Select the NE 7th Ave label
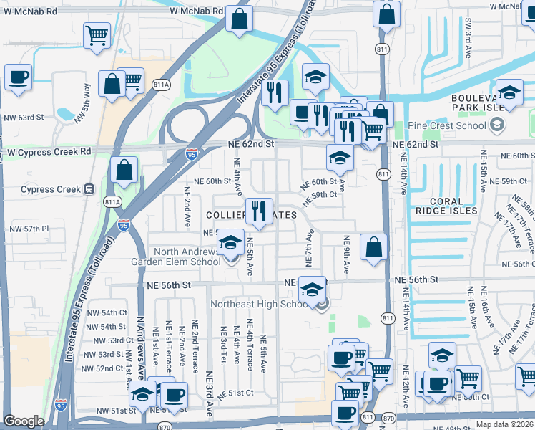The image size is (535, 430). [x=310, y=245]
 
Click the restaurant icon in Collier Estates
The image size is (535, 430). [x=258, y=211]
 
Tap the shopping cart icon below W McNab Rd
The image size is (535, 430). [x=96, y=34]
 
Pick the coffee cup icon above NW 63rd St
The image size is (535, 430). [x=18, y=76]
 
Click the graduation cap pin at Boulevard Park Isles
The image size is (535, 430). [x=509, y=92]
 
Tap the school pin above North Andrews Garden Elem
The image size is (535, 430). [x=230, y=244]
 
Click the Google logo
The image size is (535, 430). [x=24, y=421]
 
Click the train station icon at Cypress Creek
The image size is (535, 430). [x=89, y=189]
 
